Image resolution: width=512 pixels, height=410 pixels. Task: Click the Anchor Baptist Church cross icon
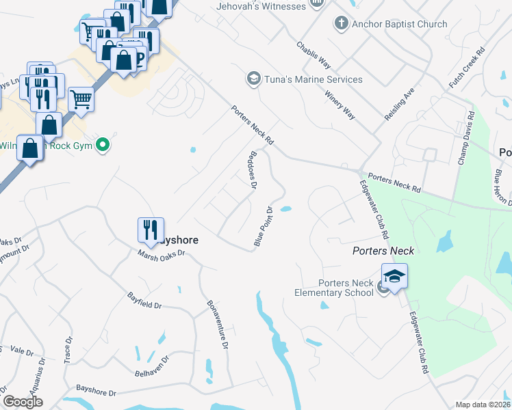click(341, 24)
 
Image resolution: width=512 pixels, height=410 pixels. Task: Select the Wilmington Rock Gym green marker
click(103, 144)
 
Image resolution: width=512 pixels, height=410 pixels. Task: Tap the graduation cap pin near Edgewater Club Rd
click(394, 277)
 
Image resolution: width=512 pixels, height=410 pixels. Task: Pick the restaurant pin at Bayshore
click(151, 230)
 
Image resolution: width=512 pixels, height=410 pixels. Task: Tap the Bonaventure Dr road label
click(216, 325)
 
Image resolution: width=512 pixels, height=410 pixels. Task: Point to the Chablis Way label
click(313, 55)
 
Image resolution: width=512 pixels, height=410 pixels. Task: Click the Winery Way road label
click(340, 105)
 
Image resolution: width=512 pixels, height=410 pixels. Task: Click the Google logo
click(23, 402)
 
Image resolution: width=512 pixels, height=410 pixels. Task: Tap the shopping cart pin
click(81, 100)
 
